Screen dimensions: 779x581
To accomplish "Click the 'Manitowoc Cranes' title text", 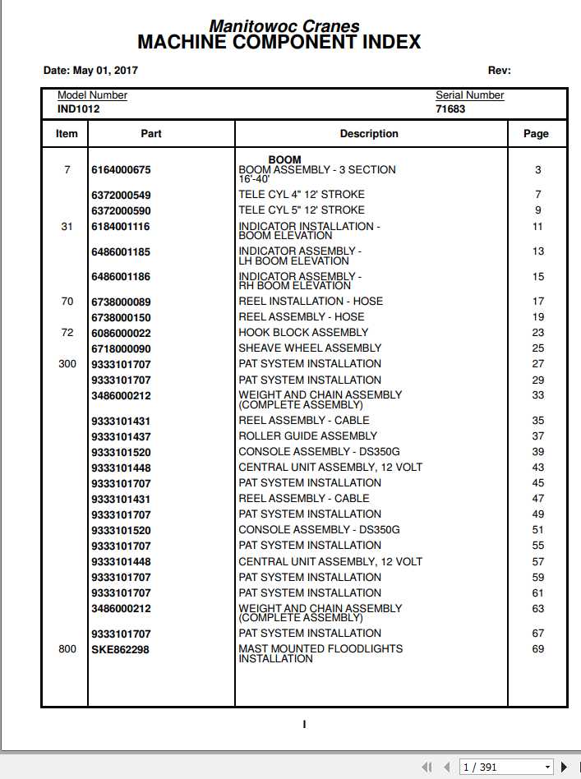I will coord(284,26).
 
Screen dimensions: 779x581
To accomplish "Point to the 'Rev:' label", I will coord(499,71).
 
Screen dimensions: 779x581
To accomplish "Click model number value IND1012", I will coord(79,108).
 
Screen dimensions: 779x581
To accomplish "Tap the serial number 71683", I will coord(450,108).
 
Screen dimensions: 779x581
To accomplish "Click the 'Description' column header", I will coord(369,134).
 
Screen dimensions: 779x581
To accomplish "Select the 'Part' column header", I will coord(151,134).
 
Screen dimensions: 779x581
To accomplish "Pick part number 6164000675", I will coord(121,170).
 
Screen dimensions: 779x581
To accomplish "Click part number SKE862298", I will coord(120,650).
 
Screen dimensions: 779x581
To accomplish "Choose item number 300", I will coord(67,364).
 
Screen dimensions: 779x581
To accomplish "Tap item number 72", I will coord(67,333).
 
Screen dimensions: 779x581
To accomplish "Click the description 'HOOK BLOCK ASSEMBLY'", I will coord(303,333).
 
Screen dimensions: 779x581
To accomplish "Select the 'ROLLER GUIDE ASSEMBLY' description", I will coord(307,436).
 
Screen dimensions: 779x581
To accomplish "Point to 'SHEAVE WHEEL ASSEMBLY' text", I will coord(310,348).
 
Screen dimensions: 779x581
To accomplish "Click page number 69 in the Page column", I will coord(537,649).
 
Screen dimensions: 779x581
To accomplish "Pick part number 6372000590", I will coord(121,211).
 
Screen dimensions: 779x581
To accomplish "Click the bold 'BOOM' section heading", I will coord(284,159).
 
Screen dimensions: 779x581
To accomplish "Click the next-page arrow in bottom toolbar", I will coord(565,767).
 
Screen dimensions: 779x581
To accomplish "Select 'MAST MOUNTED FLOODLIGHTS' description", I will coord(320,649).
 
